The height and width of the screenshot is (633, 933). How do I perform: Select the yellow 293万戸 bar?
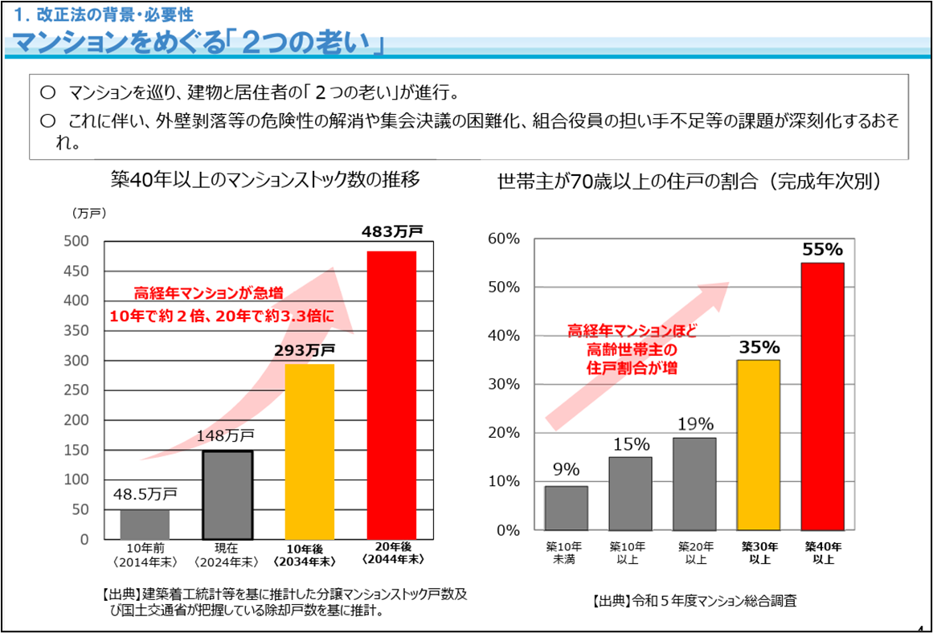[x=309, y=451]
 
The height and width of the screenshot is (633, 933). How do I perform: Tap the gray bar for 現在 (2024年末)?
[x=227, y=494]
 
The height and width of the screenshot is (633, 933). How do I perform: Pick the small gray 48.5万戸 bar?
[x=145, y=524]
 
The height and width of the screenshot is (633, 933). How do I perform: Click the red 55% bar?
[x=823, y=396]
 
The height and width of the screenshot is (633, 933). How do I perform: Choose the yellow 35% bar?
[x=758, y=445]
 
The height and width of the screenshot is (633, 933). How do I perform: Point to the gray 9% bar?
[x=566, y=508]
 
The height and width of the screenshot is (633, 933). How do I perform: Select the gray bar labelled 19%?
[x=694, y=484]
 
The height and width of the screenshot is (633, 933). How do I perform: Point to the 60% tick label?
[x=505, y=239]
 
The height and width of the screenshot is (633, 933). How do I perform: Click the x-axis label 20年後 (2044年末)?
[x=393, y=553]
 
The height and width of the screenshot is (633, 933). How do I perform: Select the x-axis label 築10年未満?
[x=564, y=553]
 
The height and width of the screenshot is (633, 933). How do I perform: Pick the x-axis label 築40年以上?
[x=823, y=553]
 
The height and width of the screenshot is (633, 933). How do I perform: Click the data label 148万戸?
[x=226, y=436]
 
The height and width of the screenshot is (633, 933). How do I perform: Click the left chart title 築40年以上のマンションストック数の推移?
[x=265, y=179]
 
